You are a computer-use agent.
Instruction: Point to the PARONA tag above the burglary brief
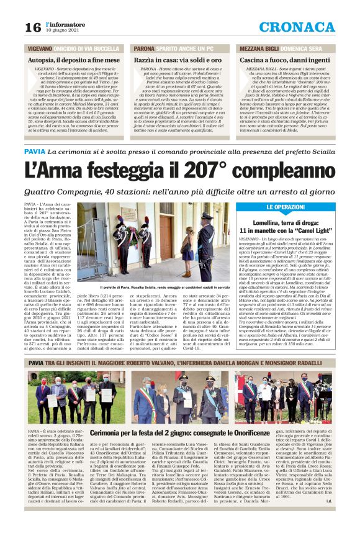click(x=143, y=48)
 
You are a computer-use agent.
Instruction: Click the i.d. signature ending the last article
click(x=346, y=516)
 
